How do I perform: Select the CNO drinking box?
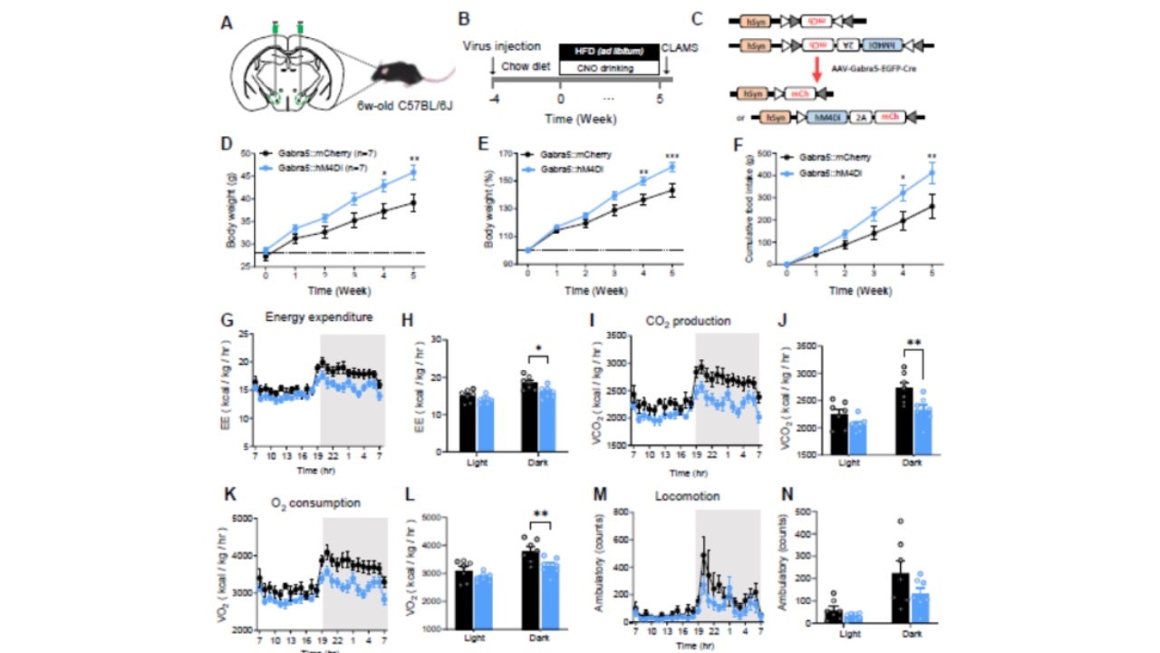click(609, 68)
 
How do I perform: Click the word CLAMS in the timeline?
click(680, 46)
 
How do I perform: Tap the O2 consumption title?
click(314, 502)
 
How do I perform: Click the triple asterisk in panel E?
click(672, 154)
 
